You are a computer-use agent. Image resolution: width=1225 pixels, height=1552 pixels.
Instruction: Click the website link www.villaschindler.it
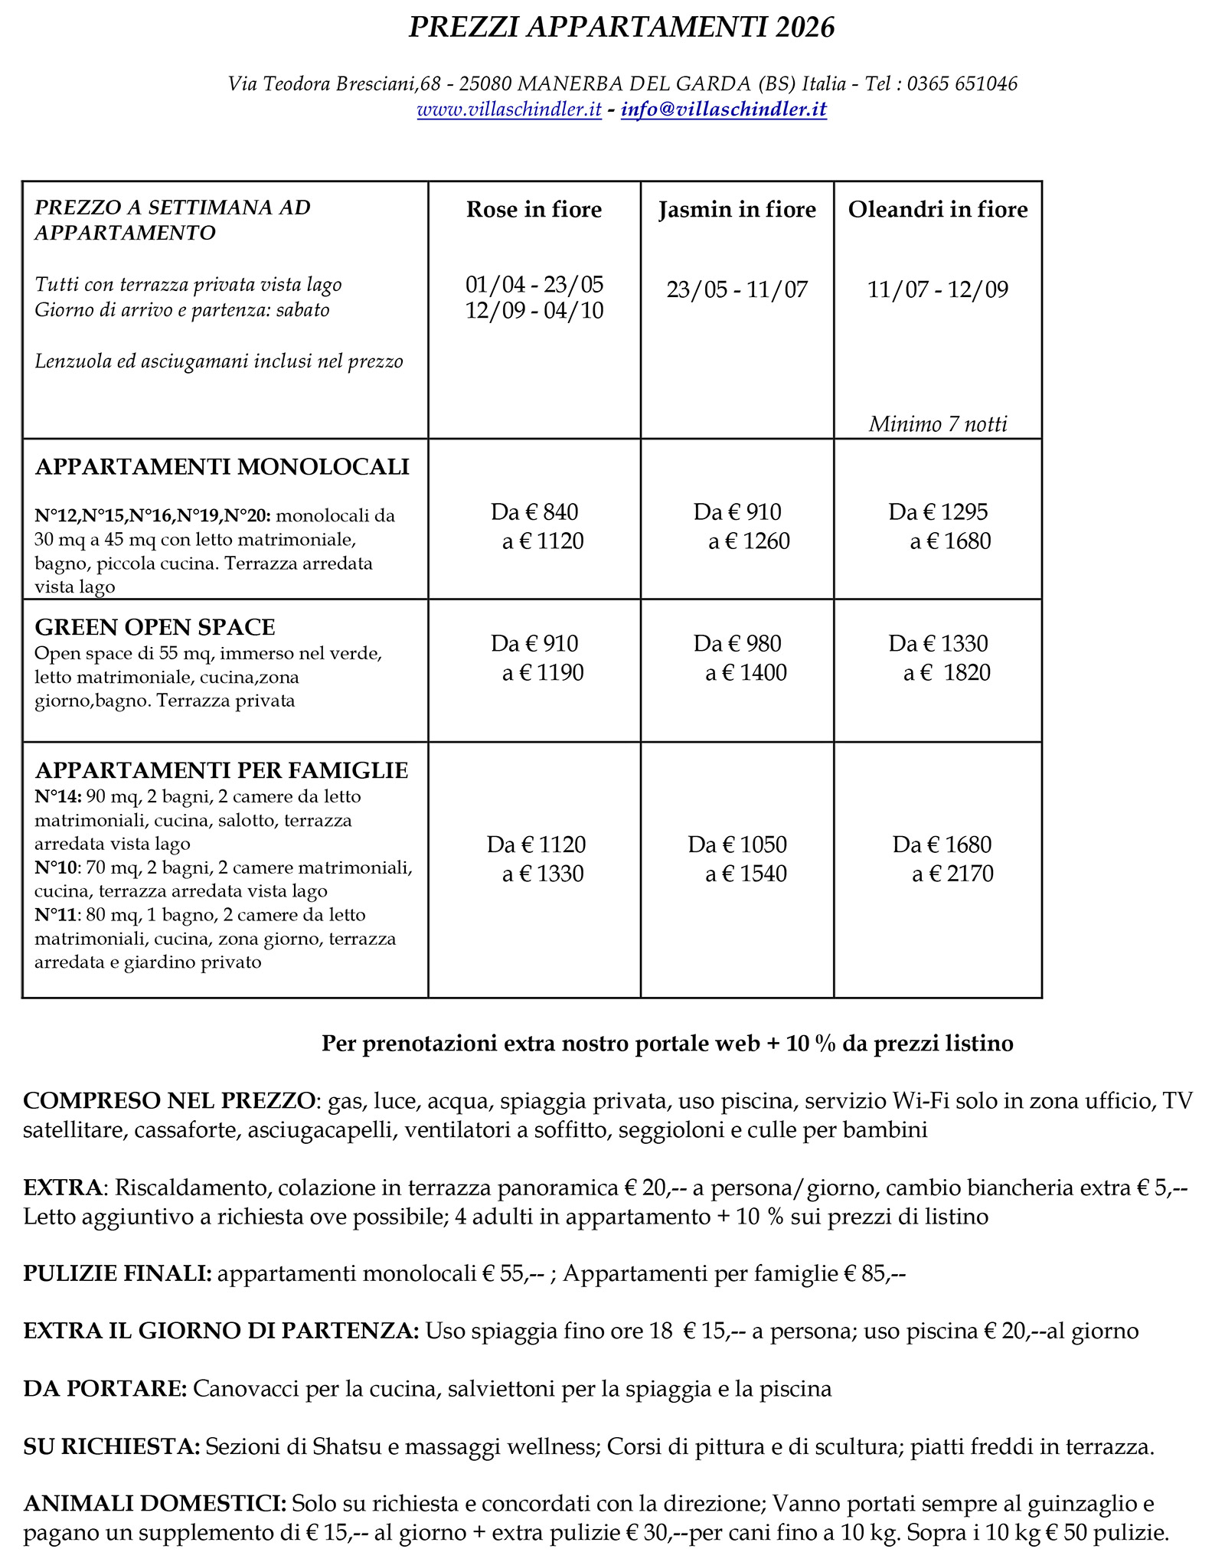pyautogui.click(x=509, y=110)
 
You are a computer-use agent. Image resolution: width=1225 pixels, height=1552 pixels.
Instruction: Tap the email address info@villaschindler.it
pyautogui.click(x=724, y=110)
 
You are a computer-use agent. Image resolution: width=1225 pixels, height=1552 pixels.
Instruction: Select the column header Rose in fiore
pyautogui.click(x=534, y=210)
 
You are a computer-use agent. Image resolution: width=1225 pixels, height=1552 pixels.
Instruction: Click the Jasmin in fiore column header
pyautogui.click(x=737, y=210)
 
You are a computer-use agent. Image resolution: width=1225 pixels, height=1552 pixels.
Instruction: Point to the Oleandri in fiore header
pyautogui.click(x=938, y=210)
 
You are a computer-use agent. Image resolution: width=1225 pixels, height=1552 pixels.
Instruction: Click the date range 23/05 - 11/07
pyautogui.click(x=737, y=290)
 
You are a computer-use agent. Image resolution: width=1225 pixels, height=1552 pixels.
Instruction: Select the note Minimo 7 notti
pyautogui.click(x=938, y=424)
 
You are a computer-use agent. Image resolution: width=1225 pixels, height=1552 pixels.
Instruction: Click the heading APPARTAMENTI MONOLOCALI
pyautogui.click(x=222, y=467)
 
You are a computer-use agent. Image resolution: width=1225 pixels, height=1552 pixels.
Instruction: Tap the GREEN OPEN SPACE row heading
pyautogui.click(x=155, y=628)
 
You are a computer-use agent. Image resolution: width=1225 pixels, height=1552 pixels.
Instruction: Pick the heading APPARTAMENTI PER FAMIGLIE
pyautogui.click(x=221, y=770)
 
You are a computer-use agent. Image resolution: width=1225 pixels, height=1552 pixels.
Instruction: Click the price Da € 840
pyautogui.click(x=534, y=512)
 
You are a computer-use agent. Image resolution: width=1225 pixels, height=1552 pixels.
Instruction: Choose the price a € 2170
pyautogui.click(x=952, y=874)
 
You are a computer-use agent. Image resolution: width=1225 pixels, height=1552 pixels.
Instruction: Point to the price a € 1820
pyautogui.click(x=947, y=673)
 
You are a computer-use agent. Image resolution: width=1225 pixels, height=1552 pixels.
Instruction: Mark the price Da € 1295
pyautogui.click(x=938, y=512)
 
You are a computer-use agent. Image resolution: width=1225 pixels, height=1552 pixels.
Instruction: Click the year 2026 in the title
pyautogui.click(x=804, y=28)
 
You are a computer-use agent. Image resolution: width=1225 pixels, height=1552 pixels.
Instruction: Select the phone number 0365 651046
pyautogui.click(x=962, y=84)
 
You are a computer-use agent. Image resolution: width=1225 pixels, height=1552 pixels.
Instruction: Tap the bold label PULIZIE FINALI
pyautogui.click(x=117, y=1273)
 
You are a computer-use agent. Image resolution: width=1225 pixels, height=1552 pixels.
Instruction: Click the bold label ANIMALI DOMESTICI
pyautogui.click(x=155, y=1504)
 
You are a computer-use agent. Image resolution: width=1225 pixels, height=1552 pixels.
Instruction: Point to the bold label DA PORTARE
pyautogui.click(x=105, y=1389)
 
